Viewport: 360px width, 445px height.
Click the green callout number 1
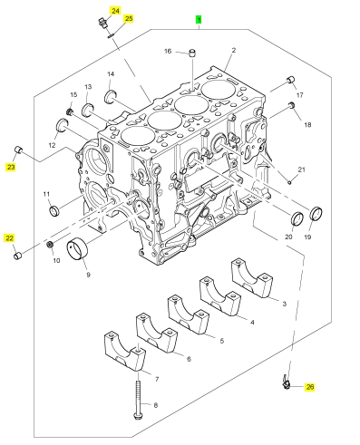199,20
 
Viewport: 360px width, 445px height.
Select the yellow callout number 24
115,11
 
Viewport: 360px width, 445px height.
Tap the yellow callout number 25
129,18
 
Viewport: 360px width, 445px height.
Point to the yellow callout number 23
11,167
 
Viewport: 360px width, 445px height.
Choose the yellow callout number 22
9,238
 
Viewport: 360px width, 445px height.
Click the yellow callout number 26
310,387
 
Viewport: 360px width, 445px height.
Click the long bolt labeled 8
138,400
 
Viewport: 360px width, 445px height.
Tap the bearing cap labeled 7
124,351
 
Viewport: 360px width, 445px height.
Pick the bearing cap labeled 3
252,277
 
